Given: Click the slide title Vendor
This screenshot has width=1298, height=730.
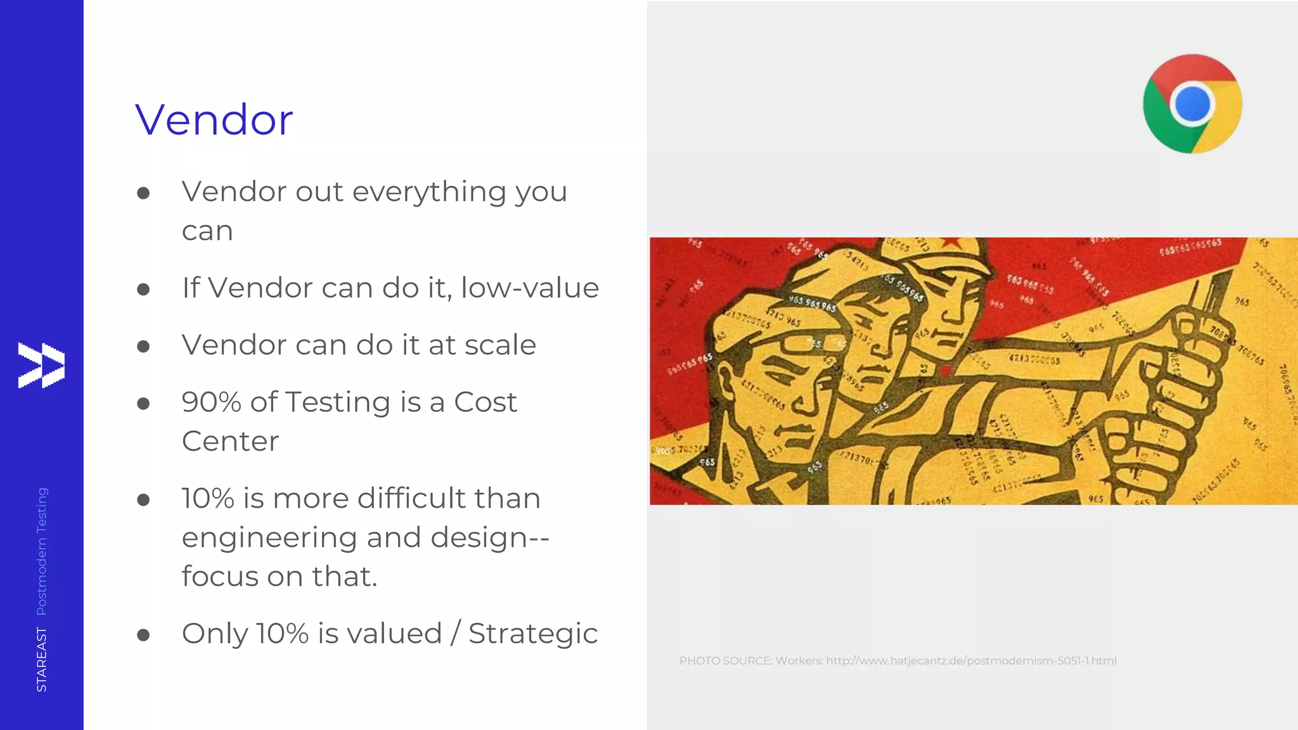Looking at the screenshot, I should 214,120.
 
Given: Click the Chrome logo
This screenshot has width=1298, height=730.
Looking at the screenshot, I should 1192,103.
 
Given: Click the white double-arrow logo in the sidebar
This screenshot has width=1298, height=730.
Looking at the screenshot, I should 41,365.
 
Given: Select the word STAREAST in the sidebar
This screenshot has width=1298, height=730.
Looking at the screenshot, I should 42,659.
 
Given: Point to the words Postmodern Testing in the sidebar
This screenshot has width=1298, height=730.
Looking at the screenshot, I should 42,551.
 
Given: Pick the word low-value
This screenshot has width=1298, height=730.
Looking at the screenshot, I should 530,288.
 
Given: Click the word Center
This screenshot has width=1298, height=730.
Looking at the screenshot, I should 230,442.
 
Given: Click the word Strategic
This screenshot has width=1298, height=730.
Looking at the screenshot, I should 532,634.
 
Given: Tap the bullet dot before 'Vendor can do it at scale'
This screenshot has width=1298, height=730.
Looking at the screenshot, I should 143,347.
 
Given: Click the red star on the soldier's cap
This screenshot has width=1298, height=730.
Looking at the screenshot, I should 950,241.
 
